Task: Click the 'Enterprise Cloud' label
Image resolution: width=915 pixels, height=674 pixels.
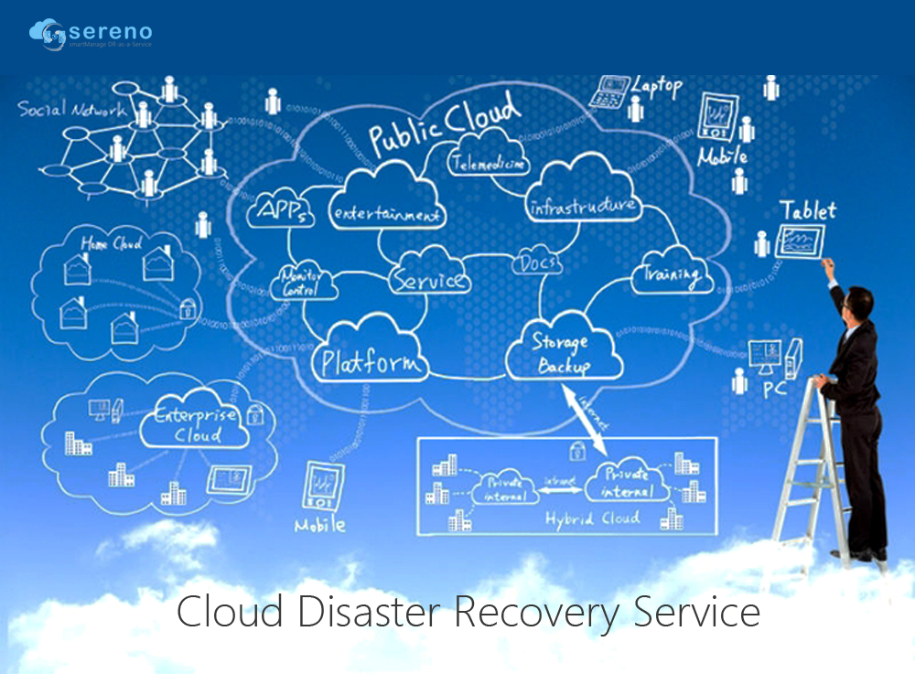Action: [196, 424]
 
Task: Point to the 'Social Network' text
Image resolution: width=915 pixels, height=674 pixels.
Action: [72, 111]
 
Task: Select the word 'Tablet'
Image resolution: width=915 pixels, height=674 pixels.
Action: [807, 209]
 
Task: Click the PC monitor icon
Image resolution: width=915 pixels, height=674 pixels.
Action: [764, 355]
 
